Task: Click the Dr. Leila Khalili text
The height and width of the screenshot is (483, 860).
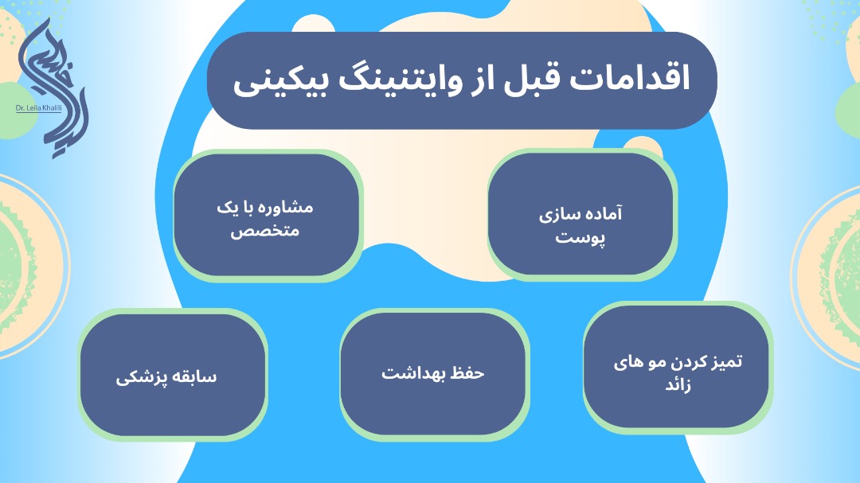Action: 38,108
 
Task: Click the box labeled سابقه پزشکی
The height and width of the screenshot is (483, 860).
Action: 172,375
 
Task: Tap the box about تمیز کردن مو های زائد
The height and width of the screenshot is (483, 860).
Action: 677,367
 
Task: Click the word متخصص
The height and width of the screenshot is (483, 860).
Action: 265,231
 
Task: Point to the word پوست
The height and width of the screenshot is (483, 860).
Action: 580,238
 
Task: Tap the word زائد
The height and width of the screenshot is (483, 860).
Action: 678,384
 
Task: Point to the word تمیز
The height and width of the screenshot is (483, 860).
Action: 726,362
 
